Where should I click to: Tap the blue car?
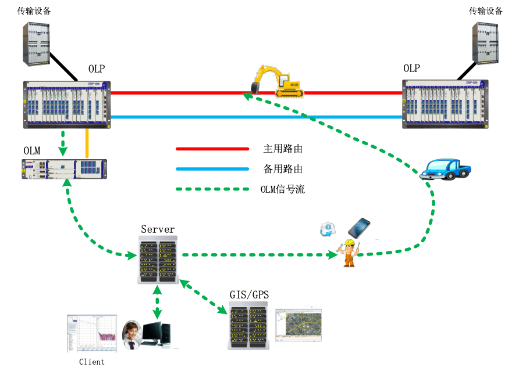point(445,168)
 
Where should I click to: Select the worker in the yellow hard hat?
point(349,253)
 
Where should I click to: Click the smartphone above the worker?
point(359,228)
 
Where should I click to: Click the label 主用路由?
point(283,149)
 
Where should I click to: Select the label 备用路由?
point(283,169)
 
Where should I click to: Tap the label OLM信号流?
point(282,189)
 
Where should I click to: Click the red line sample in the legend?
point(212,149)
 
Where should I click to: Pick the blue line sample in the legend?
point(212,169)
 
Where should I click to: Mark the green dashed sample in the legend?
point(212,189)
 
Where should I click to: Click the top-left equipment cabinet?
point(36,44)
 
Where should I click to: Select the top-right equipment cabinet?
point(485,44)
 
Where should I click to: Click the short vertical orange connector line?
point(87,143)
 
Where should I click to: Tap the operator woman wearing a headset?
point(131,334)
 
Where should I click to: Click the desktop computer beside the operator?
point(157,333)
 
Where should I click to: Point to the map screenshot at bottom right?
point(297,325)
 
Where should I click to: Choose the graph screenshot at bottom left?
point(92,333)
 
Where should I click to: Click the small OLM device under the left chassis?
point(65,169)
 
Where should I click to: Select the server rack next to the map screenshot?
point(248,325)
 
